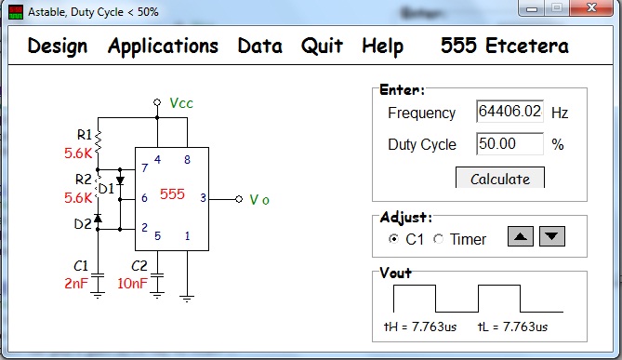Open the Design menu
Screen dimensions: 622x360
click(x=58, y=46)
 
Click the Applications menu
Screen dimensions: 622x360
click(x=163, y=47)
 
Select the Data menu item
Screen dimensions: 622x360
click(x=259, y=46)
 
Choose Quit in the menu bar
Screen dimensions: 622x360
click(x=322, y=46)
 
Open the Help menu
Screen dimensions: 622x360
click(x=383, y=47)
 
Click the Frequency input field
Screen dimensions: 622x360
click(x=510, y=112)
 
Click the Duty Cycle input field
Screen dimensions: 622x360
click(x=510, y=143)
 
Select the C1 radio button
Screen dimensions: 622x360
click(x=393, y=239)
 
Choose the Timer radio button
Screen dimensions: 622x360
click(x=438, y=239)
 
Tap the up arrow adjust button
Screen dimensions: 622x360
click(x=521, y=236)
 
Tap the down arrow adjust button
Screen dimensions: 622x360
click(x=551, y=236)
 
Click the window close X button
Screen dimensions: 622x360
click(x=591, y=7)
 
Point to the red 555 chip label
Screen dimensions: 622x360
click(x=172, y=194)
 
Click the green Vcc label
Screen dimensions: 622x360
click(x=181, y=103)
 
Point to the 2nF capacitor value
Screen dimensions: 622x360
click(x=76, y=284)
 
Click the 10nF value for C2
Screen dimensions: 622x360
click(x=133, y=284)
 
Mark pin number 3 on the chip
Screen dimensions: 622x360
click(x=203, y=197)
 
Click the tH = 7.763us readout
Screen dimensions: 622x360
click(x=420, y=327)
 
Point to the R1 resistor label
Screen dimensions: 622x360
click(x=84, y=135)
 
